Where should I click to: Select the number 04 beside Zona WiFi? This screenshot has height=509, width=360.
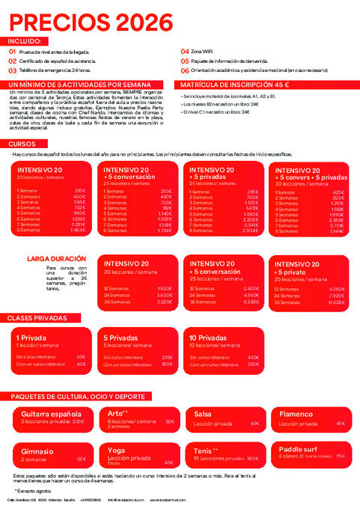[x=185, y=52]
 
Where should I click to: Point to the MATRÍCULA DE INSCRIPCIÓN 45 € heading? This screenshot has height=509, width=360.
[x=234, y=85]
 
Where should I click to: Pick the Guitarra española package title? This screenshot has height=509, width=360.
[x=51, y=414]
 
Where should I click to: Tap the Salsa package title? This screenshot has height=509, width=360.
[x=202, y=414]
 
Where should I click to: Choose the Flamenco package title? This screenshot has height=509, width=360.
[x=296, y=414]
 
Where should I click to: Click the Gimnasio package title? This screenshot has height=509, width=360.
[x=37, y=451]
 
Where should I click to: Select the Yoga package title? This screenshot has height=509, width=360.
[x=116, y=450]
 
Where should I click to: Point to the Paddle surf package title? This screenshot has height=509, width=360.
[x=299, y=448]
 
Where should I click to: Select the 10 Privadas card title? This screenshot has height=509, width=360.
[x=209, y=338]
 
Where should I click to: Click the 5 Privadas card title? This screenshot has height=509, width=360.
[x=120, y=338]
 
